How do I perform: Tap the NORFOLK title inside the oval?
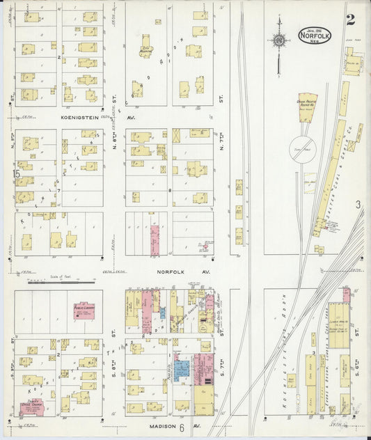pyautogui.click(x=315, y=36)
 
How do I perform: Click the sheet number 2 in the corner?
pyautogui.click(x=350, y=20)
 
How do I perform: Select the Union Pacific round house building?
pyautogui.click(x=307, y=105)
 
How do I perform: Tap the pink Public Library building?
pyautogui.click(x=85, y=311)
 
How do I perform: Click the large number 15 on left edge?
pyautogui.click(x=15, y=175)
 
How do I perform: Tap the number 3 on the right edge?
pyautogui.click(x=358, y=205)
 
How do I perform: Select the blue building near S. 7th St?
pyautogui.click(x=181, y=369)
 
